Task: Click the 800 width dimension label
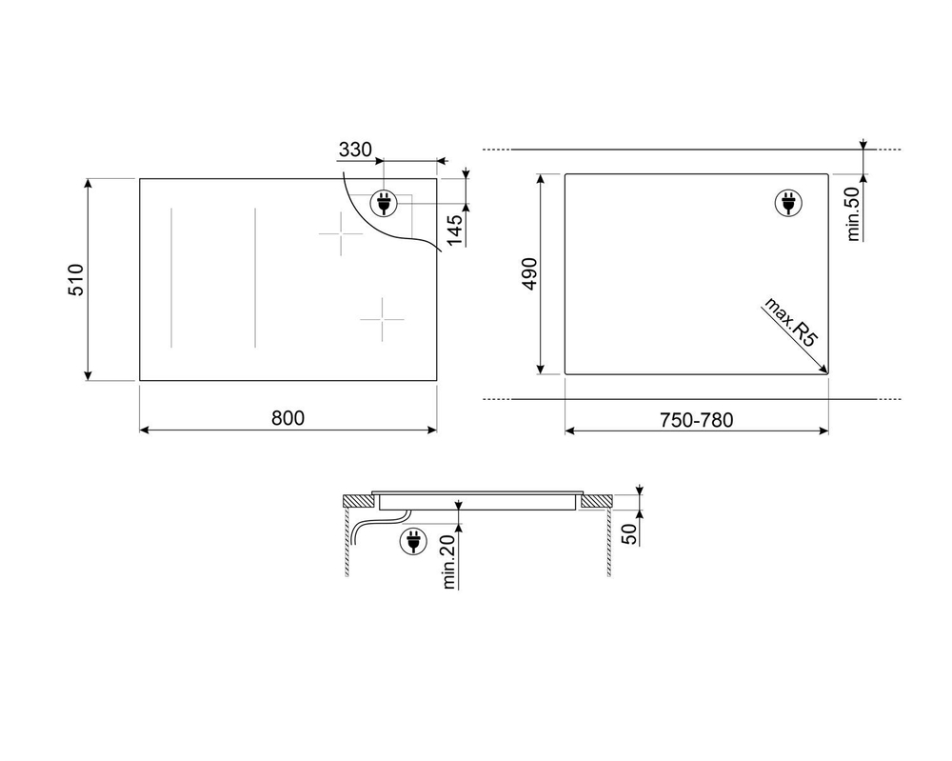(288, 418)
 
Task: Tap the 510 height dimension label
(76, 279)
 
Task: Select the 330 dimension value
(355, 150)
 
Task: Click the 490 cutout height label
(529, 274)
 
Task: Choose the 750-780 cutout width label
(697, 420)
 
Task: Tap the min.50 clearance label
(853, 213)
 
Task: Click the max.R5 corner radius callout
(789, 322)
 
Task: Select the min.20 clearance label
(448, 561)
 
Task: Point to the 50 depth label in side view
(630, 533)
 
